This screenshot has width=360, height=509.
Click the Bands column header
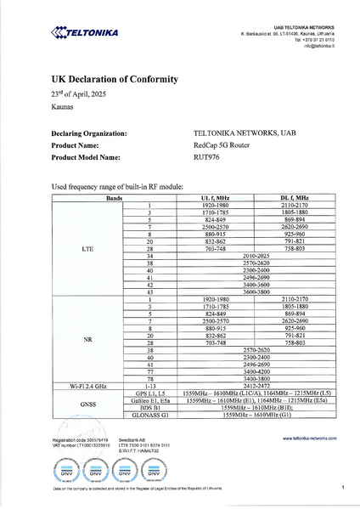coord(113,198)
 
